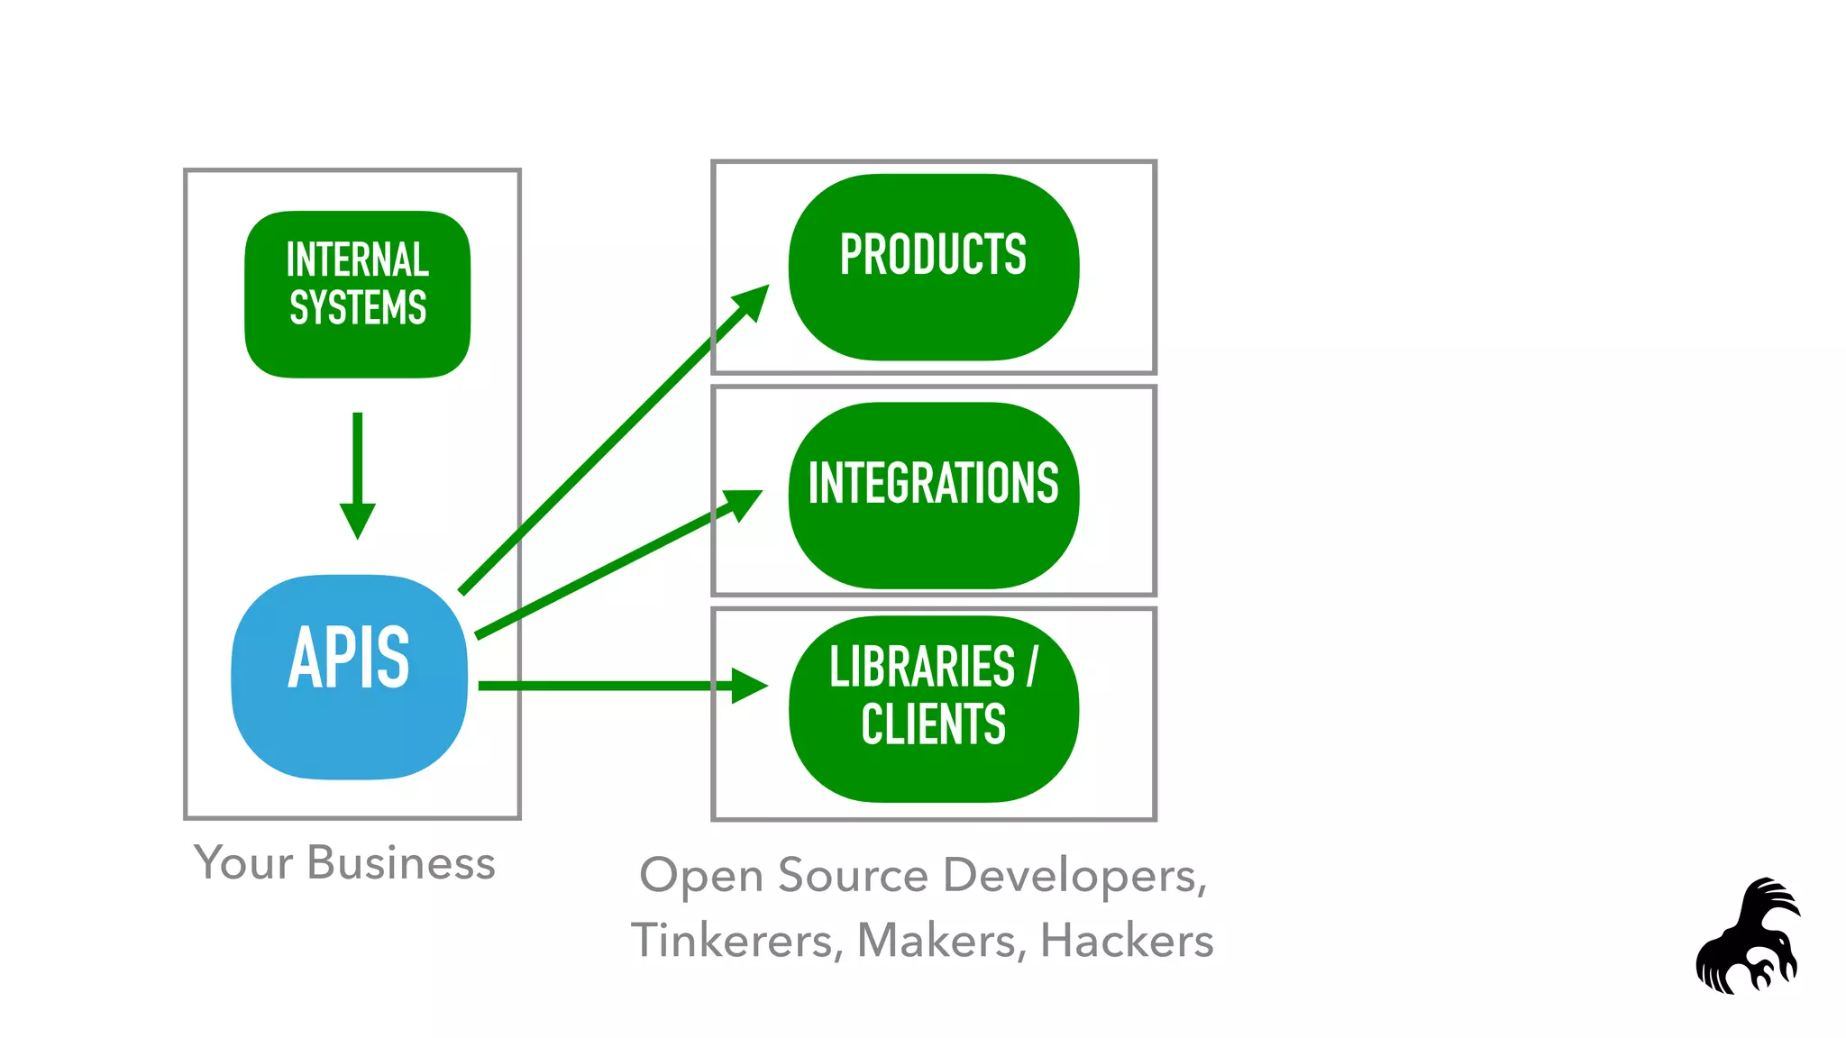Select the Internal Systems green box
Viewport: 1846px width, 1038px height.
(x=357, y=295)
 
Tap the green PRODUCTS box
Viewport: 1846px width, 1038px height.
(x=933, y=268)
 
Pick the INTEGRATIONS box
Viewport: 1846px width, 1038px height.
(x=933, y=496)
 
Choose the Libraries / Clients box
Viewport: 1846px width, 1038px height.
(x=933, y=709)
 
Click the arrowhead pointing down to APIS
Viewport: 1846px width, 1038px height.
(x=358, y=520)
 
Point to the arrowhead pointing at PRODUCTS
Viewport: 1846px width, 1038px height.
(x=753, y=302)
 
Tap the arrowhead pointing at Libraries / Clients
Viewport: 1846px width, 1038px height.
(x=748, y=686)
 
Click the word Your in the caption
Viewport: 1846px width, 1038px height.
(x=243, y=863)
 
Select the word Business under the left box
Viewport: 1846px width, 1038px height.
(x=401, y=863)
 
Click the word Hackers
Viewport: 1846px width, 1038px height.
(x=1127, y=941)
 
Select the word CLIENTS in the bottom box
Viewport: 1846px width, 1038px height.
(x=933, y=724)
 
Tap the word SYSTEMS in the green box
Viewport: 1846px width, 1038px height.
(x=358, y=308)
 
